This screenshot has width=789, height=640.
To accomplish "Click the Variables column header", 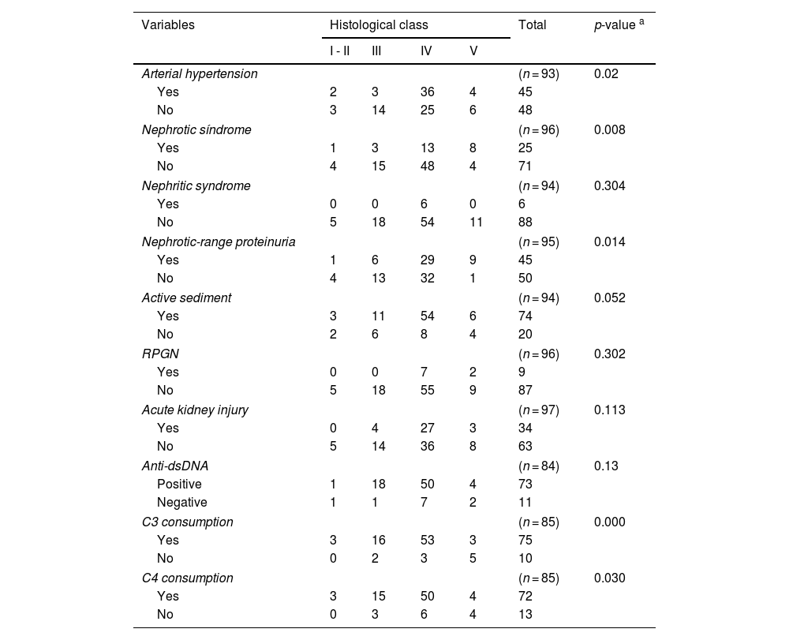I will (167, 24).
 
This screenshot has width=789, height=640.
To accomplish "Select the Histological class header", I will (379, 24).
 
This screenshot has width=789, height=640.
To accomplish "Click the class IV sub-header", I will (426, 51).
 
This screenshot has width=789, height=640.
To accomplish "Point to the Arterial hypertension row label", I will (199, 73).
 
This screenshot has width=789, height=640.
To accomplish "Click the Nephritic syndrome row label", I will (196, 185).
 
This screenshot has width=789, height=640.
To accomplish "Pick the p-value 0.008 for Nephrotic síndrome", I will (609, 129).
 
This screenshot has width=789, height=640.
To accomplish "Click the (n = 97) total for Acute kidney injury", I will (538, 410).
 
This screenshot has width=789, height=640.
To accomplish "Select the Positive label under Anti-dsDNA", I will (179, 484).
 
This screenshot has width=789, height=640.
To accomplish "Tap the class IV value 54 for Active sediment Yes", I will (427, 316).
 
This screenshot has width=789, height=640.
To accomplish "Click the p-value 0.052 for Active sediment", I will (609, 298).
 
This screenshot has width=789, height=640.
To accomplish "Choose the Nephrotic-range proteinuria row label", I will (219, 241).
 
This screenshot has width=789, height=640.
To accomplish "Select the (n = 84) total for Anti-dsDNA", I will (538, 466).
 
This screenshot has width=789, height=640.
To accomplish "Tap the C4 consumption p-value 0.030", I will (609, 578).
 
